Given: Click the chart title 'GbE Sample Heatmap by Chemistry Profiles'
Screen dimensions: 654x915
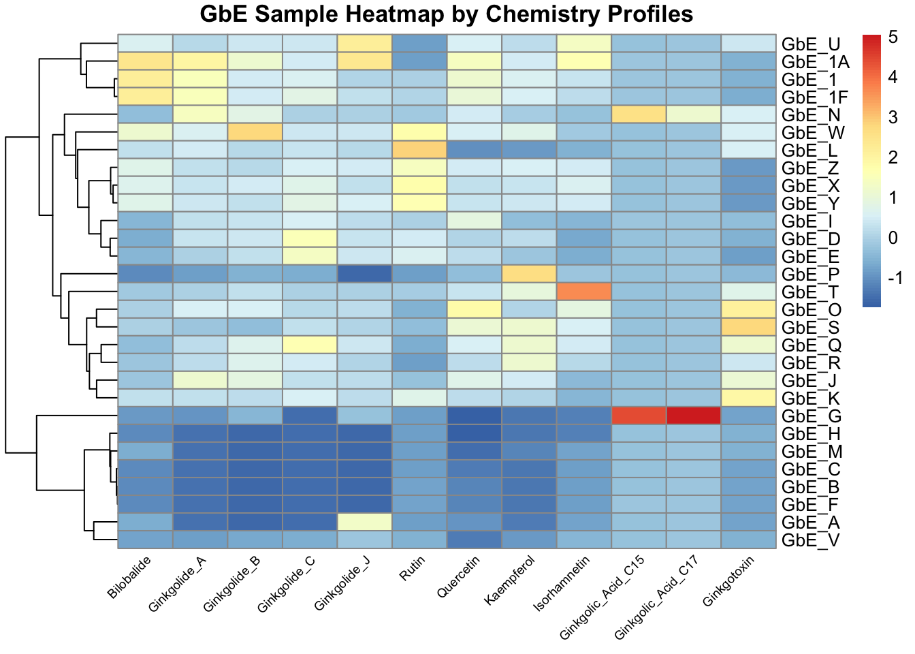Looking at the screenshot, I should coord(447,14).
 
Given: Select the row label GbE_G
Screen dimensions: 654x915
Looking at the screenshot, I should coord(812,416).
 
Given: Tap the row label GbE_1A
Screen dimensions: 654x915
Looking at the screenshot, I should coord(816,62).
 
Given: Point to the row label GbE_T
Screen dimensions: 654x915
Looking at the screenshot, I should coord(811,292).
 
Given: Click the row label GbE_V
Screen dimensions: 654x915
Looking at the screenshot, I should coord(811,540).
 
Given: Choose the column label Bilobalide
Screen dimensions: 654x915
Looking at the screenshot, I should coord(129,577).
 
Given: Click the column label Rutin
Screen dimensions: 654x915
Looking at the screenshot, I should coord(412,568).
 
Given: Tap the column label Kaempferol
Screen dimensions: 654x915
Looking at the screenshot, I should coord(510,580).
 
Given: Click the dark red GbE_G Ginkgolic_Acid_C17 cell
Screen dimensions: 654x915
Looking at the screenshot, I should coord(694,416).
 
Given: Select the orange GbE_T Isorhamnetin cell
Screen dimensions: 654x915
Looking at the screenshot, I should coord(584,292).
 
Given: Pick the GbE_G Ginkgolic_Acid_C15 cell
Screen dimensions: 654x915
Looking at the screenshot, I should coord(639,416).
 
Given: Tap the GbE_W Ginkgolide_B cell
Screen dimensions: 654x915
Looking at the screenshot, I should coord(255,132).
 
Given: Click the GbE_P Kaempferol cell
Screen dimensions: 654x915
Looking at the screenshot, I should coord(529,274).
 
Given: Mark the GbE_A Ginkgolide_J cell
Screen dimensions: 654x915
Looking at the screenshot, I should coord(365,522).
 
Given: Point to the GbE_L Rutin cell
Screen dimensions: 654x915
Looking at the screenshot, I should coord(419,150).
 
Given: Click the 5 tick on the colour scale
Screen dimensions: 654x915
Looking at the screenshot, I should coord(893,38).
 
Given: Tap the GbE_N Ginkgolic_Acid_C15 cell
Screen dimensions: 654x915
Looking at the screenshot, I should coord(639,114).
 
